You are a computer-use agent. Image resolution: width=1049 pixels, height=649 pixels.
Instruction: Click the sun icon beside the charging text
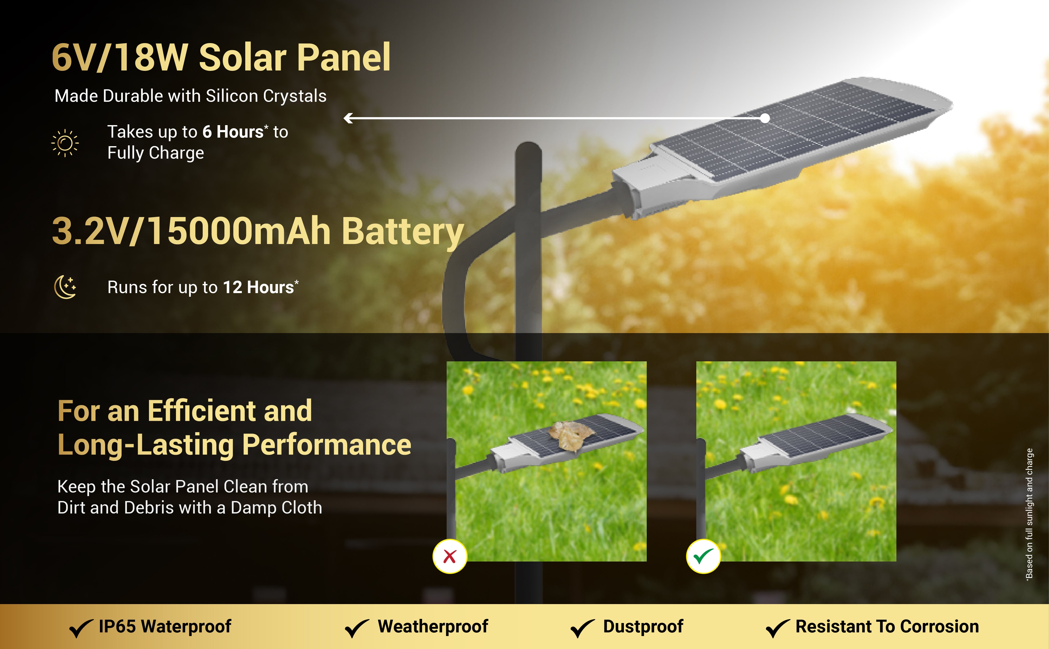(65, 143)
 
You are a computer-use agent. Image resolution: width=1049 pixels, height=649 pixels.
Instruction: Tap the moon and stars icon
(65, 287)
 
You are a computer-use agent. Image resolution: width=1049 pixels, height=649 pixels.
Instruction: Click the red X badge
(450, 556)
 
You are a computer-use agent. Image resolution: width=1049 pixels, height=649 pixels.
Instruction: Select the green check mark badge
(703, 556)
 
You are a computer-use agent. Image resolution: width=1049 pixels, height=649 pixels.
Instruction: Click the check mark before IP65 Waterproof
(81, 628)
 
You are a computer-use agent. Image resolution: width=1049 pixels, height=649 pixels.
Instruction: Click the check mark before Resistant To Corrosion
(778, 628)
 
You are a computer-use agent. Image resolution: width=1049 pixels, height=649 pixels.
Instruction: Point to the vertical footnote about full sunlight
(1029, 514)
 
